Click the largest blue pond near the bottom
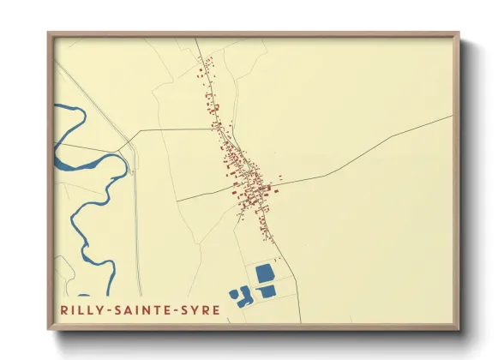(x=265, y=273)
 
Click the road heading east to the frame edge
(x=386, y=146)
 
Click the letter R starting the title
(x=63, y=309)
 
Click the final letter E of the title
(x=215, y=309)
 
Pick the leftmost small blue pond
(x=235, y=294)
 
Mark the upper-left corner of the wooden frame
(x=50, y=35)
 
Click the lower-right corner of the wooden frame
(x=456, y=327)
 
